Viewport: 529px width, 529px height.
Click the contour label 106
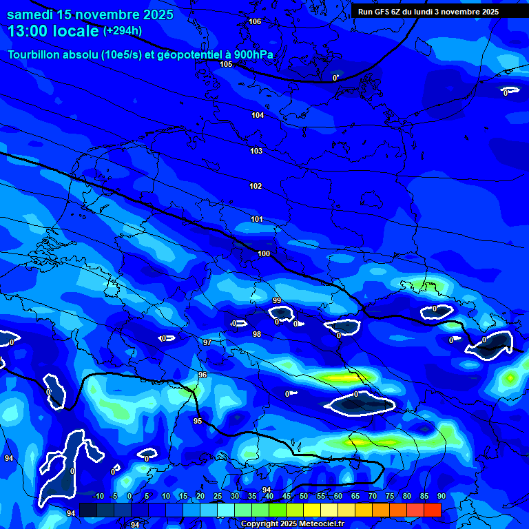tap(255, 21)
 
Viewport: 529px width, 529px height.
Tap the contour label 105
tap(226, 64)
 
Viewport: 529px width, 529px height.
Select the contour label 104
tap(258, 115)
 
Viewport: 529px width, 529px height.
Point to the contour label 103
tap(256, 151)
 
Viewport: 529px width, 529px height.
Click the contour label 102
tap(256, 186)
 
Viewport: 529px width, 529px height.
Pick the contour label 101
tap(257, 219)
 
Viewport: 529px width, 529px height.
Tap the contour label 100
tap(264, 253)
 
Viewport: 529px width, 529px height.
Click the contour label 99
tap(276, 300)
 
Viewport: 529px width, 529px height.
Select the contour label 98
tap(257, 334)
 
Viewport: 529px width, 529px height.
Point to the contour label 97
tap(207, 342)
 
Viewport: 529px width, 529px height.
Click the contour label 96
tap(203, 375)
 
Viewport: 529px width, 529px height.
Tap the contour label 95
tap(198, 421)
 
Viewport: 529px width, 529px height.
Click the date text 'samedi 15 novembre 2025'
tap(90, 14)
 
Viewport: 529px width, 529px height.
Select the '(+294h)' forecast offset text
tap(122, 31)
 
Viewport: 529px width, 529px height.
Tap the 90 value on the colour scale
tap(441, 496)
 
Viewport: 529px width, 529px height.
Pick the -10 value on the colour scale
tap(98, 496)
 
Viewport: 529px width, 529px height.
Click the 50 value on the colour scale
tap(304, 496)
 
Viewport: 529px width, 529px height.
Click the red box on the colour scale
tap(432, 510)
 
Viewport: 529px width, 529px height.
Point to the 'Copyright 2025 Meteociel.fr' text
tap(291, 523)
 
